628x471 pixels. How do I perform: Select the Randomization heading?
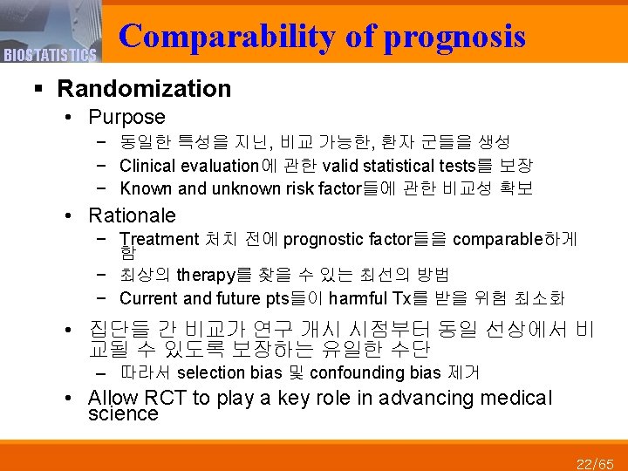[x=144, y=88]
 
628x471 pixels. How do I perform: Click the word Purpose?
[x=126, y=117]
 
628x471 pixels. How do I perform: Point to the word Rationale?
[x=132, y=215]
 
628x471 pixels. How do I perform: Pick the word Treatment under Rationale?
[x=160, y=239]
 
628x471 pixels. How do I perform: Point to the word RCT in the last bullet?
[x=164, y=399]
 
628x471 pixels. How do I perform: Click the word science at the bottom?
[x=123, y=413]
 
